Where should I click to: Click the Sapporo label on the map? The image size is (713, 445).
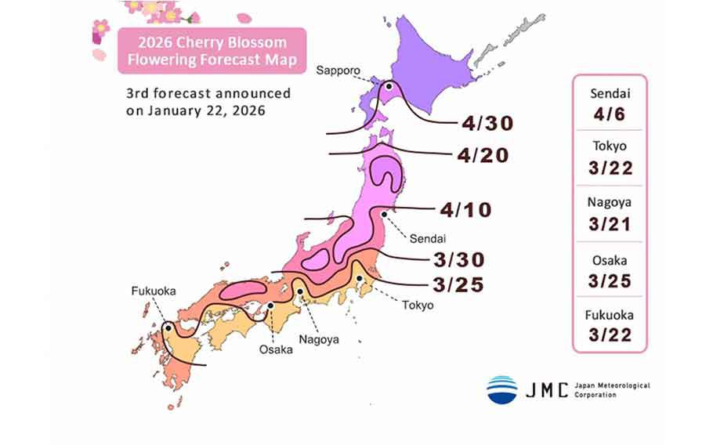pyautogui.click(x=338, y=71)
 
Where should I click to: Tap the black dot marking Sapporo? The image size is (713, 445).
pyautogui.click(x=386, y=86)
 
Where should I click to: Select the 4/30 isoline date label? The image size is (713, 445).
pyautogui.click(x=487, y=123)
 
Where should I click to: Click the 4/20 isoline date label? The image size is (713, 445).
pyautogui.click(x=487, y=155)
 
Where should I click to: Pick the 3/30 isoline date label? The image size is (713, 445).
pyautogui.click(x=459, y=259)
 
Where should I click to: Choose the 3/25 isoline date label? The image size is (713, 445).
pyautogui.click(x=458, y=284)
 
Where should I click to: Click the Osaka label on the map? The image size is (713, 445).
pyautogui.click(x=276, y=349)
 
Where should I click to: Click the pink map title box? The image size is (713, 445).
pyautogui.click(x=212, y=49)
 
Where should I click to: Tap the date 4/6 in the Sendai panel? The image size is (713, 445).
pyautogui.click(x=609, y=114)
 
